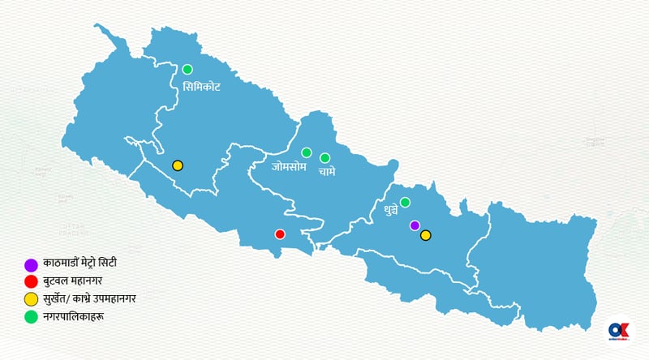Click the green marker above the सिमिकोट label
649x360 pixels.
click(187, 69)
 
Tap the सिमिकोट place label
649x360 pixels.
click(201, 86)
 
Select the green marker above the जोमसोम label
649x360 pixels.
click(307, 152)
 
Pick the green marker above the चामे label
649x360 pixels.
click(324, 158)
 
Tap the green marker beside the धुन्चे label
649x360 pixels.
click(405, 202)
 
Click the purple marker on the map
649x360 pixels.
click(415, 225)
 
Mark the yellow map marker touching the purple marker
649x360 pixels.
click(425, 235)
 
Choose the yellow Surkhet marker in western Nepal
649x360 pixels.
click(178, 165)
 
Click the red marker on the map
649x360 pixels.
click(280, 234)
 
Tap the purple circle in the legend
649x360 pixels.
click(32, 264)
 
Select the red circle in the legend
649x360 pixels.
click(32, 281)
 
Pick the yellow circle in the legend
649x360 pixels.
click(32, 299)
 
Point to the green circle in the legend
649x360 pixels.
click(32, 316)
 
